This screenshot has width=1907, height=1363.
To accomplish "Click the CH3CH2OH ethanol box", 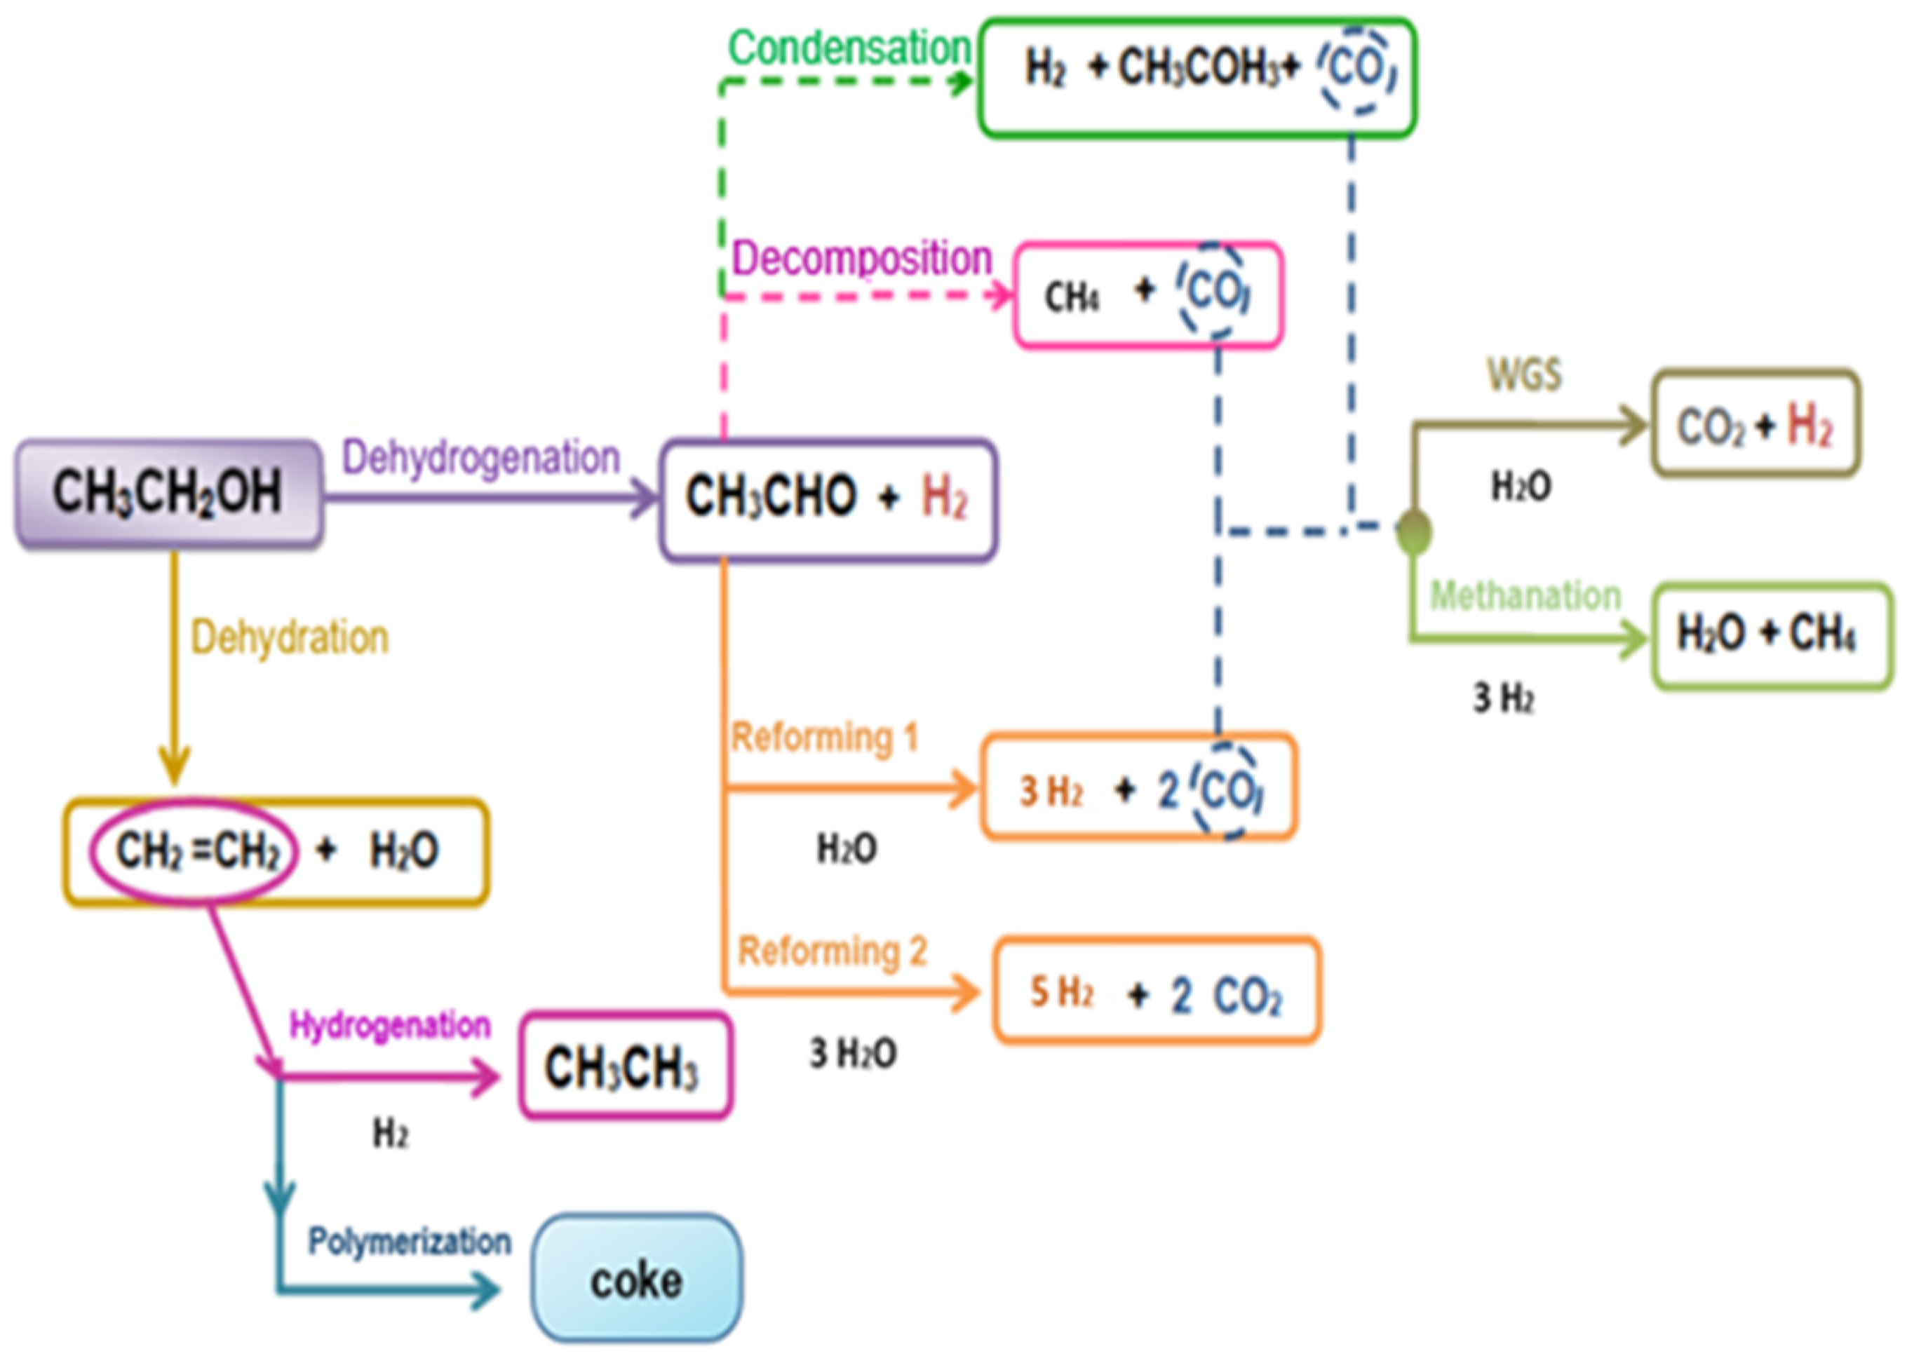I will tap(168, 494).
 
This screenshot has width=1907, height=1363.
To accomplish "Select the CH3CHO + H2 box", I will tap(828, 499).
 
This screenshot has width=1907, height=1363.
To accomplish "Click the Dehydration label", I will tap(290, 638).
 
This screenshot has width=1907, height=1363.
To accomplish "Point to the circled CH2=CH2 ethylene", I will tap(195, 850).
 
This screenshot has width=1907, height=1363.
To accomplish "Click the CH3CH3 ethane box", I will tap(626, 1066).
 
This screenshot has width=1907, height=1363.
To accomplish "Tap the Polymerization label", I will tap(409, 1240).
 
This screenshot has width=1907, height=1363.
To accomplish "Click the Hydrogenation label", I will tap(389, 1025).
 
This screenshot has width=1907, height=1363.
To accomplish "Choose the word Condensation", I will tap(849, 48).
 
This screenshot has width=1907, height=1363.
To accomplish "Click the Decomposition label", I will tap(862, 257).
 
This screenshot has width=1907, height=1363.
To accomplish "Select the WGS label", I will tap(1523, 374).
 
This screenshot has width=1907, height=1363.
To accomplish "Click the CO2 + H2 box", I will tap(1755, 424).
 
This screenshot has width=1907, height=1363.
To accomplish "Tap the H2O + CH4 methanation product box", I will tap(1771, 635).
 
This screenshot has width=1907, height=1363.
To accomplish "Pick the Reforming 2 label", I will tap(832, 951).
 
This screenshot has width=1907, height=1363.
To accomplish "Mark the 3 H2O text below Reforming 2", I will tap(853, 1052).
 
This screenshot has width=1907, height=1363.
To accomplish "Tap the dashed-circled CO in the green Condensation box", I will tap(1356, 69).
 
